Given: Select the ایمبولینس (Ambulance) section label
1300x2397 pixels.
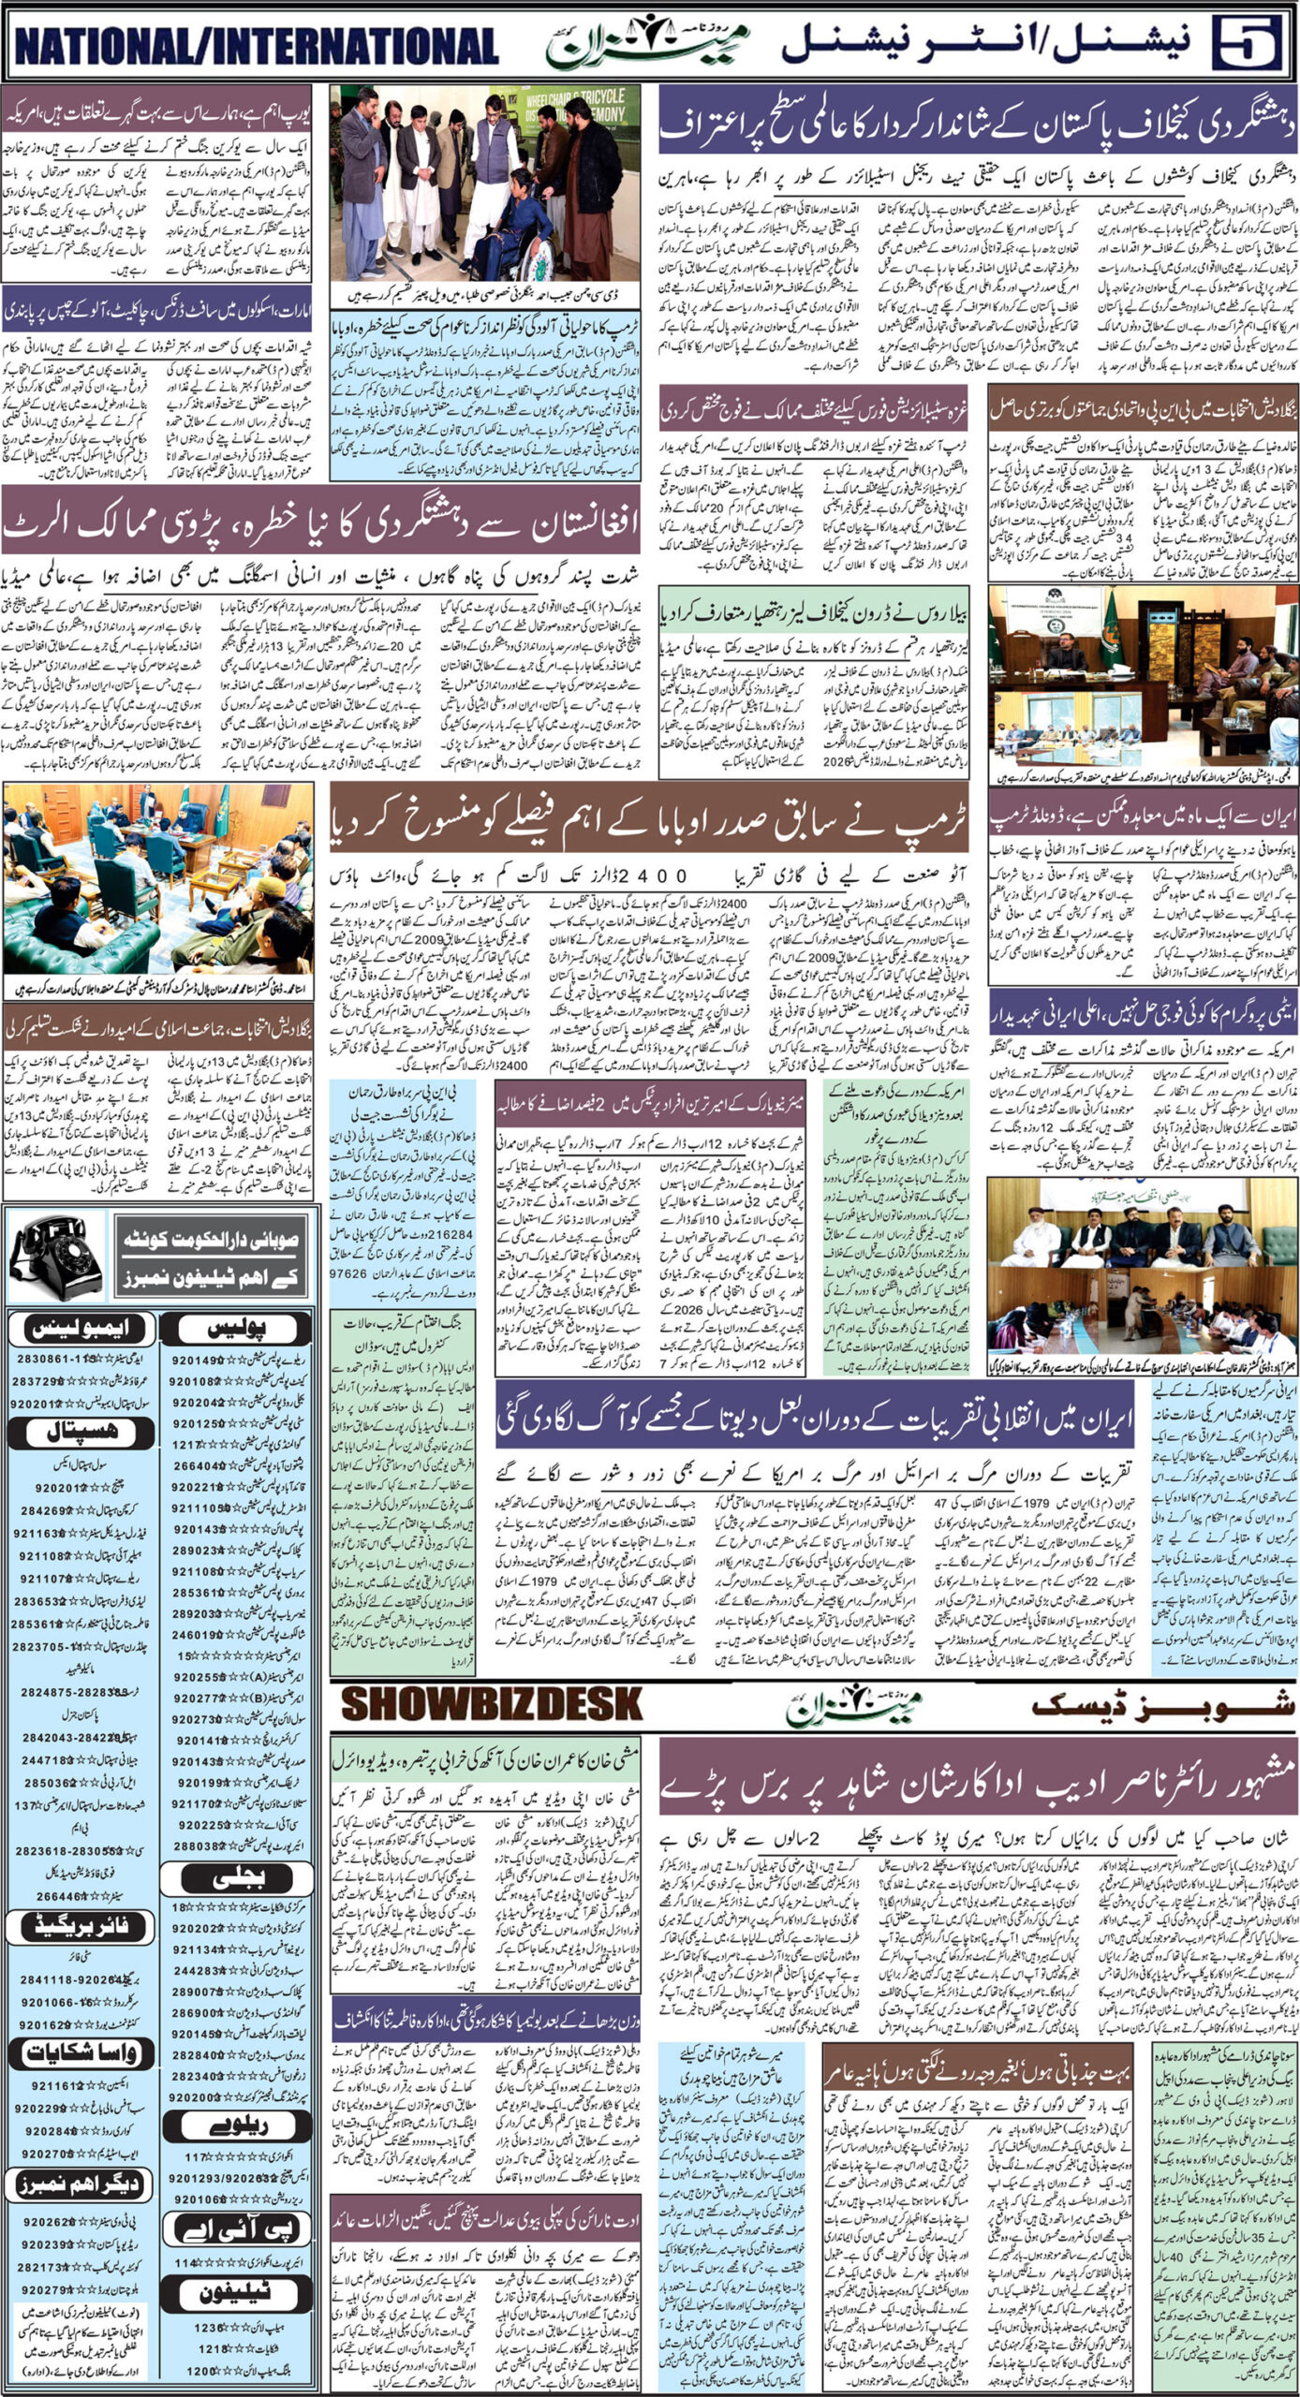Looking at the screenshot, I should [x=81, y=1327].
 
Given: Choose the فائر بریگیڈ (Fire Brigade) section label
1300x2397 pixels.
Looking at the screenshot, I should [x=81, y=1896].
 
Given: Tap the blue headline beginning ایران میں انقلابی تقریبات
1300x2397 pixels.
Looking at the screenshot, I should [x=815, y=1419].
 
